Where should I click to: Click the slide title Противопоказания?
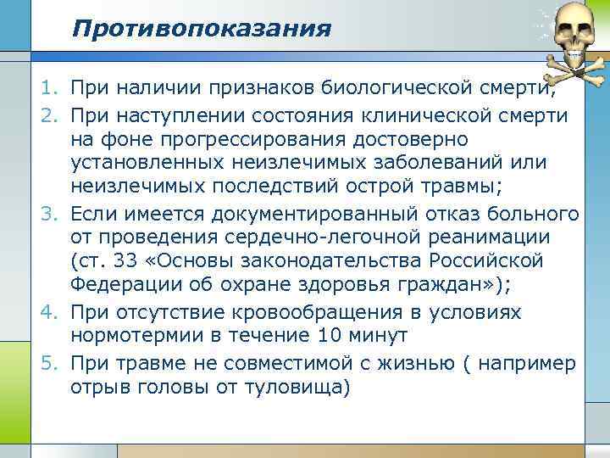[x=201, y=29]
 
